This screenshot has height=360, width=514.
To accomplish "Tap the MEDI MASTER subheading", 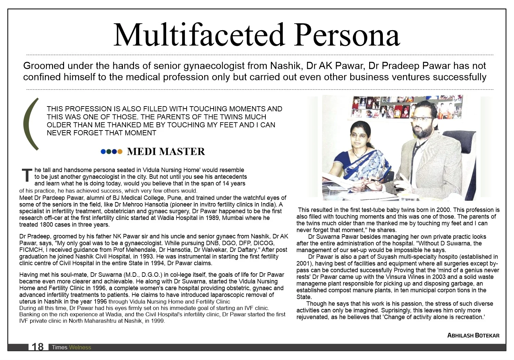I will (x=166, y=151).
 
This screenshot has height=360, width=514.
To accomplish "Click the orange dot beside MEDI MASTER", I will (x=120, y=152).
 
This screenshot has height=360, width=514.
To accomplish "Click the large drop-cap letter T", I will (x=27, y=175).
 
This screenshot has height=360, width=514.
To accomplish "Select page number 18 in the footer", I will (x=38, y=347).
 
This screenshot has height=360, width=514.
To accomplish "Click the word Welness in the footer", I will (x=80, y=347).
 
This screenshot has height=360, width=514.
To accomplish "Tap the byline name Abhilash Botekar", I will (x=473, y=335).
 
